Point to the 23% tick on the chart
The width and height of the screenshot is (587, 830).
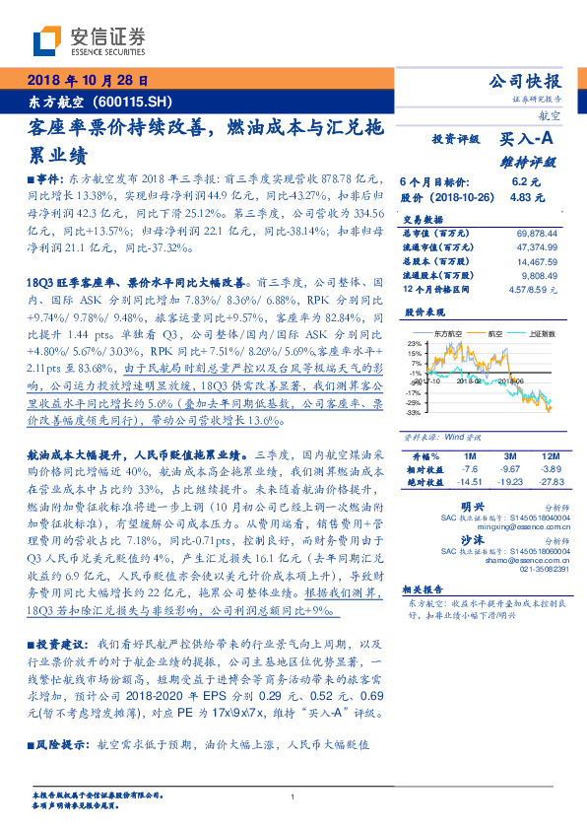414,342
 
